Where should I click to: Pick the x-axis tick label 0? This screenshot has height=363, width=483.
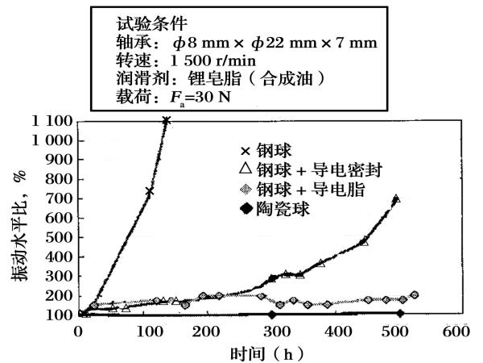click(x=78, y=331)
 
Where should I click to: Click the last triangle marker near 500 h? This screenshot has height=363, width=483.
click(x=396, y=198)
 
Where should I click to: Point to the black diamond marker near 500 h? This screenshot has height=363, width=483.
click(x=400, y=313)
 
